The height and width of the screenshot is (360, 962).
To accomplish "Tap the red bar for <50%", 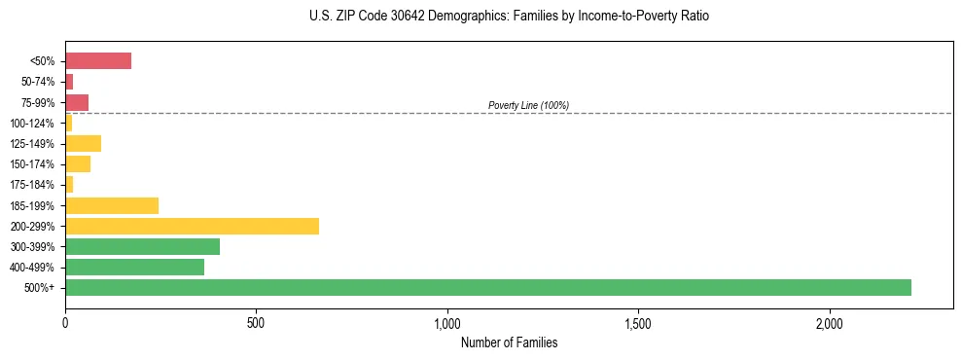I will pos(98,61).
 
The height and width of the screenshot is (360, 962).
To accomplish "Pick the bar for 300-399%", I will pos(142,246).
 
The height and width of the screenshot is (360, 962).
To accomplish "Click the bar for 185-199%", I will pos(112,205).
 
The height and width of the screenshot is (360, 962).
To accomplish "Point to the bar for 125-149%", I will pos(83,144).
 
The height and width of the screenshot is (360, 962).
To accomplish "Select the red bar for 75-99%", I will pos(77,102).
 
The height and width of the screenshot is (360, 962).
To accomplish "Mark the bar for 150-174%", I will pos(78,164).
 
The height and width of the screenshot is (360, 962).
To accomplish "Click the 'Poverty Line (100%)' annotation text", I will pos(528,105).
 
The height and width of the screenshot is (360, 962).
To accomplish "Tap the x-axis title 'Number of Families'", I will pos(509,342).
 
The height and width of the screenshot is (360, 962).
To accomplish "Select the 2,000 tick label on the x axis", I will pos(830,322).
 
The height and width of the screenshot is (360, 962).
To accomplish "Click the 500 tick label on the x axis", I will pos(256,322).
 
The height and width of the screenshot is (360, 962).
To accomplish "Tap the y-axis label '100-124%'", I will pos(32,124).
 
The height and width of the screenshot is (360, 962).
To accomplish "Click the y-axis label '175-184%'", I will pos(32,185).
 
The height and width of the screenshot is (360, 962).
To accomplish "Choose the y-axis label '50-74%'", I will pos(35,82).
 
